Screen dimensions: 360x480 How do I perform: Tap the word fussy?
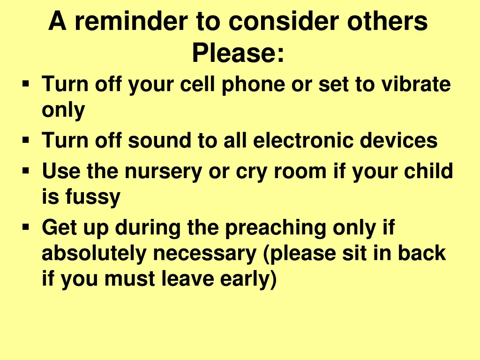click(92, 197)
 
